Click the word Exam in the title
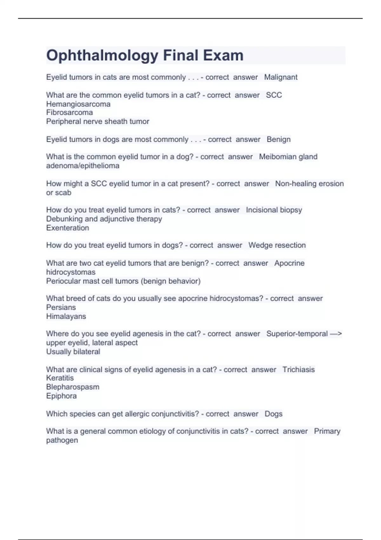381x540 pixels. tap(223, 55)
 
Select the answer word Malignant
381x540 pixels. tap(281, 77)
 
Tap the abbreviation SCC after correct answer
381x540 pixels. tap(274, 95)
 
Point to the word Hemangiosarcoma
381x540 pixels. tap(78, 104)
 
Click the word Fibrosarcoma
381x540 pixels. tap(70, 112)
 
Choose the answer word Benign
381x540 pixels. tap(278, 139)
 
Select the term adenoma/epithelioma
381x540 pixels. tap(83, 165)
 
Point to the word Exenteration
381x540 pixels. tap(67, 228)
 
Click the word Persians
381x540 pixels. tap(61, 307)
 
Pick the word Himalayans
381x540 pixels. tap(66, 316)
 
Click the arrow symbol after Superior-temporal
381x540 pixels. tap(336, 334)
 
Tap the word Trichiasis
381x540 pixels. tap(298, 369)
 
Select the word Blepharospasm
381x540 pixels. tap(72, 387)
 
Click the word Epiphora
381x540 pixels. tap(61, 396)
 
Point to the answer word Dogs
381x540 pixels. tap(273, 414)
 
